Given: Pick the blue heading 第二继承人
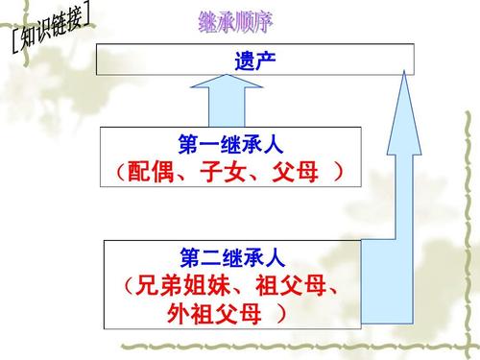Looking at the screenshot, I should pos(232,257).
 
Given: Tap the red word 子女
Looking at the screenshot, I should pos(228,174).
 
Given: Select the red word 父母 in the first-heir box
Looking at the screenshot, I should pos(299,174).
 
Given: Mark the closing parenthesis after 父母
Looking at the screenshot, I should pos(339,174).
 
